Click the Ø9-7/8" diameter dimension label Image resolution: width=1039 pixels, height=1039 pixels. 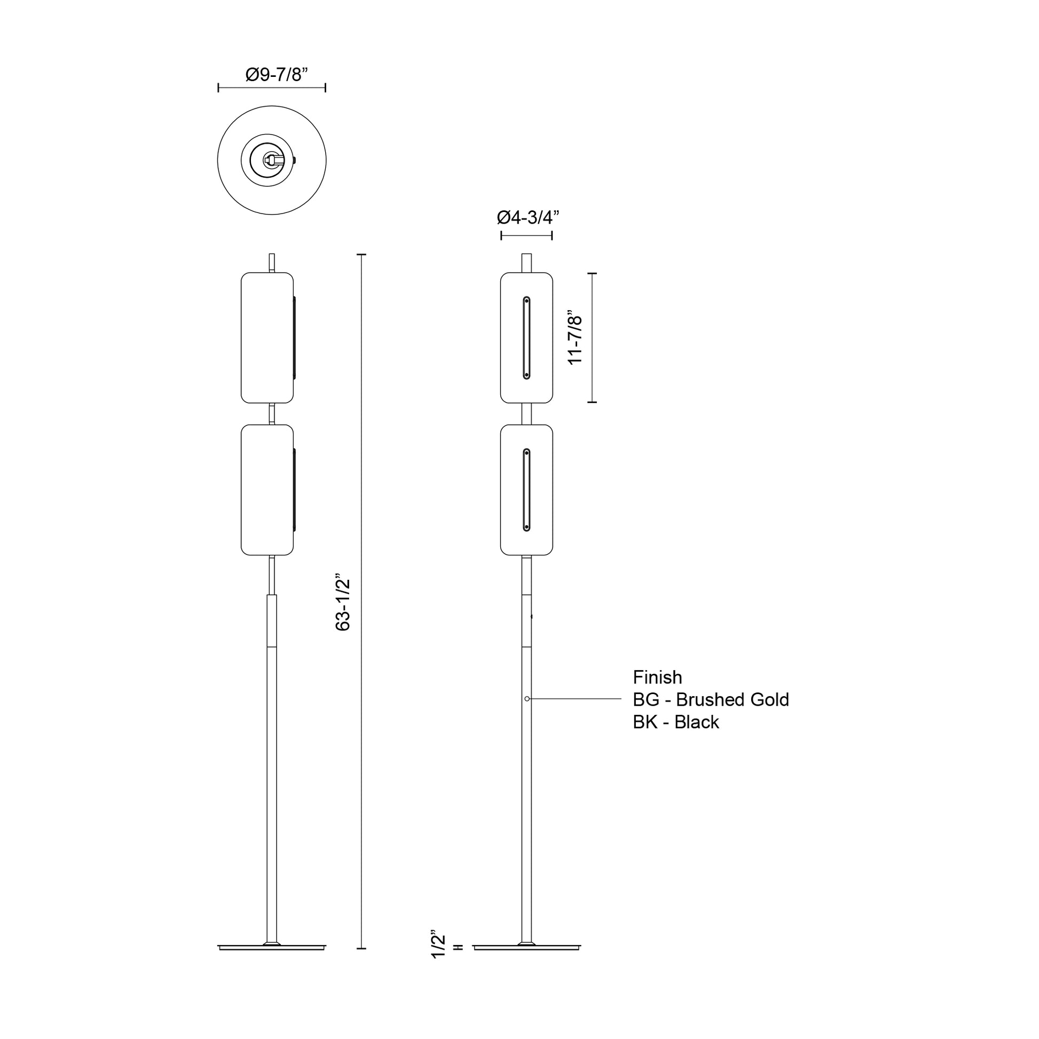pyautogui.click(x=277, y=75)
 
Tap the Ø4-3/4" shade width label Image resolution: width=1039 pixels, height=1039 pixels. pyautogui.click(x=528, y=217)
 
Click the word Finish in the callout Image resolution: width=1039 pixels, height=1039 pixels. pyautogui.click(x=657, y=677)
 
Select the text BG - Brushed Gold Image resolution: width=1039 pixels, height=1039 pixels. pyautogui.click(x=711, y=699)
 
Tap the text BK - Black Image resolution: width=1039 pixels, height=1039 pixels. pyautogui.click(x=675, y=722)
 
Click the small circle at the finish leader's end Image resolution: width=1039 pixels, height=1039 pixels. pyautogui.click(x=527, y=698)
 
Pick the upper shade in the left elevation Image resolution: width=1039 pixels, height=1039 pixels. pyautogui.click(x=267, y=338)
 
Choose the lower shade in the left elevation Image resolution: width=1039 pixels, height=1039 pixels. pyautogui.click(x=267, y=490)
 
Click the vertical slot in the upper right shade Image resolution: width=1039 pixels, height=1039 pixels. pyautogui.click(x=526, y=338)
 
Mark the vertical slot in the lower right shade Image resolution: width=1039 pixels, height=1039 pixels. pyautogui.click(x=526, y=490)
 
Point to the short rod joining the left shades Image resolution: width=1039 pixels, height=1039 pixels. pyautogui.click(x=272, y=414)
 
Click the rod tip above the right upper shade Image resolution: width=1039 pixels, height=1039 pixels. pyautogui.click(x=526, y=263)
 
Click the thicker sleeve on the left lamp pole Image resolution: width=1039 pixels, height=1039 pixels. pyautogui.click(x=272, y=620)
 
